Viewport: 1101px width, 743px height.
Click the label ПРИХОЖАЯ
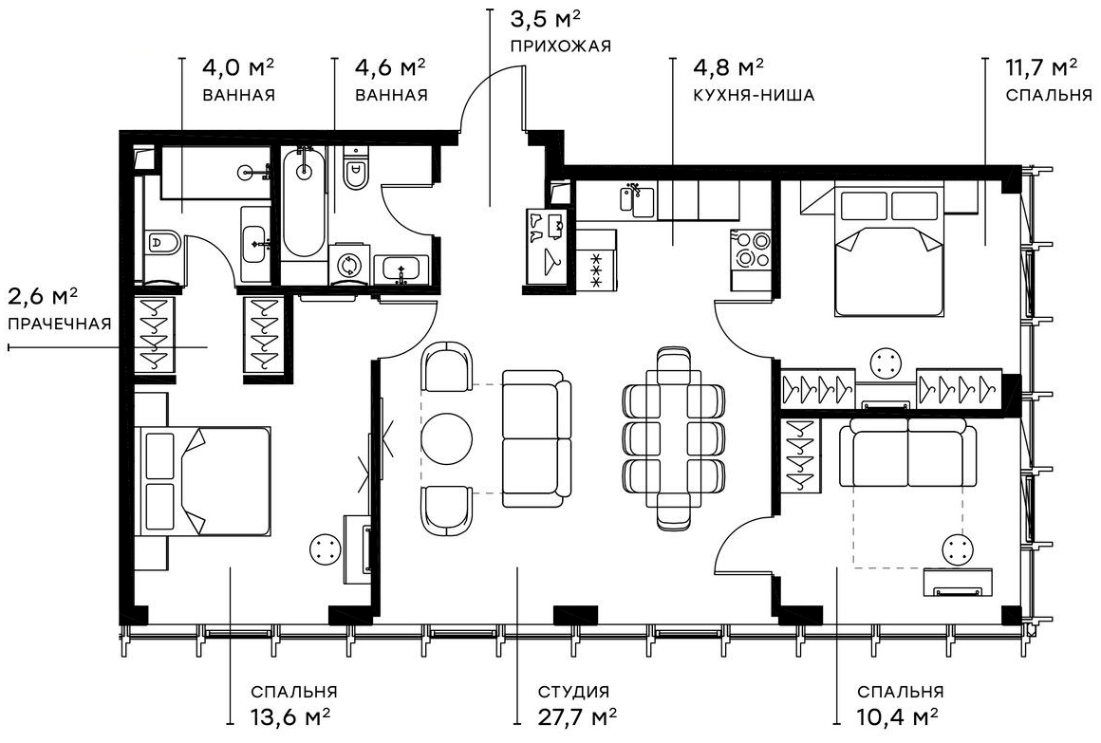coord(559,46)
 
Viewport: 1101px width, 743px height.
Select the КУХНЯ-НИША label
coord(741,95)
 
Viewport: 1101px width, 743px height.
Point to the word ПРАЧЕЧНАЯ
coord(59,324)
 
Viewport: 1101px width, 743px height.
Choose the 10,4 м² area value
coord(897,714)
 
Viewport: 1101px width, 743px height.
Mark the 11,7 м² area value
coord(1041,68)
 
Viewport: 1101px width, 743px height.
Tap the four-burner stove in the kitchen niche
coord(750,248)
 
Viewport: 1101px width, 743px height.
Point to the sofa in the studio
coord(536,437)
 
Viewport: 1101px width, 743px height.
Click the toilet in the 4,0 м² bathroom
coord(162,243)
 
